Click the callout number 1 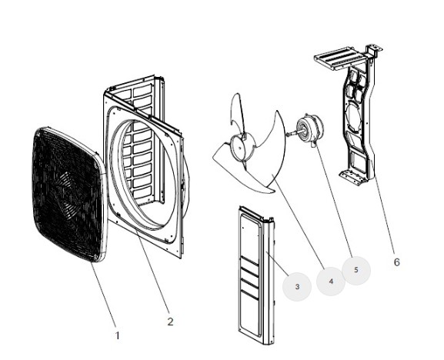point(117,335)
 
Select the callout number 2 point(170,322)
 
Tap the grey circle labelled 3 point(297,287)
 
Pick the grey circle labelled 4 point(331,282)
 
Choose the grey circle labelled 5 point(356,270)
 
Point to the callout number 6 point(397,262)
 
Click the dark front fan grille point(68,194)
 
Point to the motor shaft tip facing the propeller point(288,135)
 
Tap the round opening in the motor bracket point(353,116)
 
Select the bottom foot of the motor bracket point(352,177)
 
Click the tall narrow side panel point(256,275)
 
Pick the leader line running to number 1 point(104,295)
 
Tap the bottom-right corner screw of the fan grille point(97,256)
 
